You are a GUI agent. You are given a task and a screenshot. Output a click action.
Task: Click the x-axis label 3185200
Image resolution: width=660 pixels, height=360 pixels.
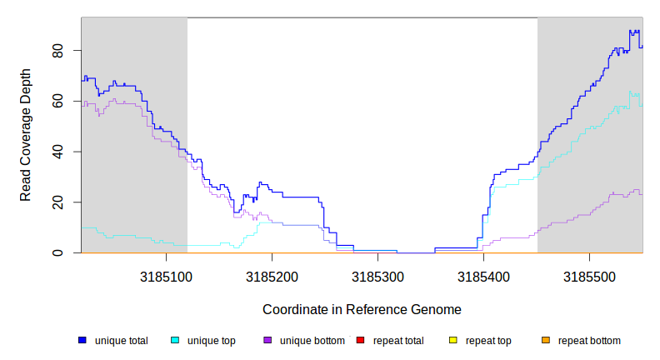[272, 273]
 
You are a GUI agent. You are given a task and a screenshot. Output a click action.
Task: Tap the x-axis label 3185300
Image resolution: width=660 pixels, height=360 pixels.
[377, 273]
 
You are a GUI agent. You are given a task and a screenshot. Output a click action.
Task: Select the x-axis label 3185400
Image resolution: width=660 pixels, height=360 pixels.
[483, 273]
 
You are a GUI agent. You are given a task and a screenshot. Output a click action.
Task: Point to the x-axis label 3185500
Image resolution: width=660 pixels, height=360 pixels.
[590, 273]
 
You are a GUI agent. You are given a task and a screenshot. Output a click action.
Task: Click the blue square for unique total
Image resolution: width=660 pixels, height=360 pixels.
[82, 340]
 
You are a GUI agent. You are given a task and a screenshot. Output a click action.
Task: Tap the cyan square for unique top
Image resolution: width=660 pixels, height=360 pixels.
[175, 340]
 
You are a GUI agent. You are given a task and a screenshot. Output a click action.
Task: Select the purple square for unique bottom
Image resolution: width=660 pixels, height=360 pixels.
[267, 340]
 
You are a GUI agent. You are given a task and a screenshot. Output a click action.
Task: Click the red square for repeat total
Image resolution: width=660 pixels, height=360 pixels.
[360, 340]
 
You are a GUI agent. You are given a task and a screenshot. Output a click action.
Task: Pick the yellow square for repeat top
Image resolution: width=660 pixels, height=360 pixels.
[453, 340]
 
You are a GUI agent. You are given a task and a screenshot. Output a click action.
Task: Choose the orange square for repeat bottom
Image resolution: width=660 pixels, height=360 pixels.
[546, 340]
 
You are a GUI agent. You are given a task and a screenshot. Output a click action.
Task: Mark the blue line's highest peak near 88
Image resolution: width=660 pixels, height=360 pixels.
[633, 32]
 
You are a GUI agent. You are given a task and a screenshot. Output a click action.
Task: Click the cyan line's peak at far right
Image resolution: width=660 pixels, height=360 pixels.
[631, 92]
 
